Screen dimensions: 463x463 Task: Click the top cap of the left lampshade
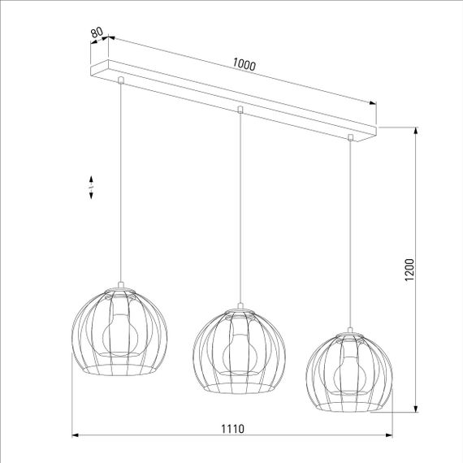point(120,285)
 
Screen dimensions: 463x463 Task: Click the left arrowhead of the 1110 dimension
point(76,436)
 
